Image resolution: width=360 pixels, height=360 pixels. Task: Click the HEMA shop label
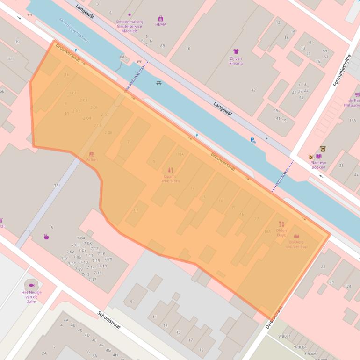[x=160, y=24]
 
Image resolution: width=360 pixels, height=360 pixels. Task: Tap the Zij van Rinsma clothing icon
[x=236, y=51]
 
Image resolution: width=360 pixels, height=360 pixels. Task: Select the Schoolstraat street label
[x=109, y=320]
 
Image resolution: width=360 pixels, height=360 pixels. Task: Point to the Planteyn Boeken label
[x=318, y=164]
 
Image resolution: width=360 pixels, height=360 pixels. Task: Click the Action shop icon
[x=92, y=153]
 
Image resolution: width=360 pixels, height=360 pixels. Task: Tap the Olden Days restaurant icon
[x=281, y=224]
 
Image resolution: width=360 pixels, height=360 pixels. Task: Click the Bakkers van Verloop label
[x=297, y=244]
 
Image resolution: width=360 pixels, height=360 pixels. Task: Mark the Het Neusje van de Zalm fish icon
[x=32, y=285]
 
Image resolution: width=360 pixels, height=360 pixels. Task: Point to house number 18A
[x=267, y=231]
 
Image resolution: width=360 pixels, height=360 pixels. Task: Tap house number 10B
[x=135, y=210]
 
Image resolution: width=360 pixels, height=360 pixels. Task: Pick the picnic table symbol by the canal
[x=159, y=83]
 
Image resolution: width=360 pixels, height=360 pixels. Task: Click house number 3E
[x=56, y=186]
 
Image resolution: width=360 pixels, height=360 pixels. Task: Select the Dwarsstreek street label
[x=274, y=318]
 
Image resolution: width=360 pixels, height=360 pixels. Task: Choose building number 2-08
[x=108, y=133]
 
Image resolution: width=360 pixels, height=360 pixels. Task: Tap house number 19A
[x=353, y=120]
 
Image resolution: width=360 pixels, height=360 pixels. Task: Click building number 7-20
[x=108, y=259]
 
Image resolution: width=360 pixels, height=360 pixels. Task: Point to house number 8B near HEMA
[x=162, y=46]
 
